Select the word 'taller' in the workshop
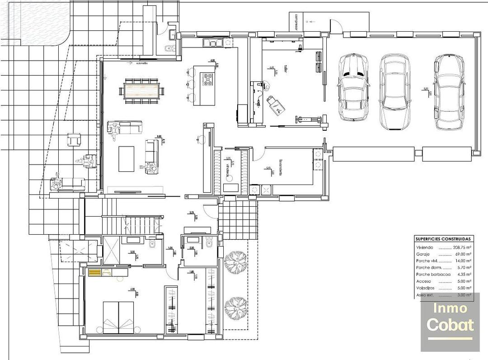point(286,69)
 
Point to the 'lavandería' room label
point(281,168)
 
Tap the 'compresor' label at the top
point(296,22)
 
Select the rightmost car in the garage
point(449,91)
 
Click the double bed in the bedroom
point(119,317)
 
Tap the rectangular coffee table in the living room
point(127,159)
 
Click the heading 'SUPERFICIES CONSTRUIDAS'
point(443,239)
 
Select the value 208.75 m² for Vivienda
point(462,248)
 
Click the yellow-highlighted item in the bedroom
point(95,273)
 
